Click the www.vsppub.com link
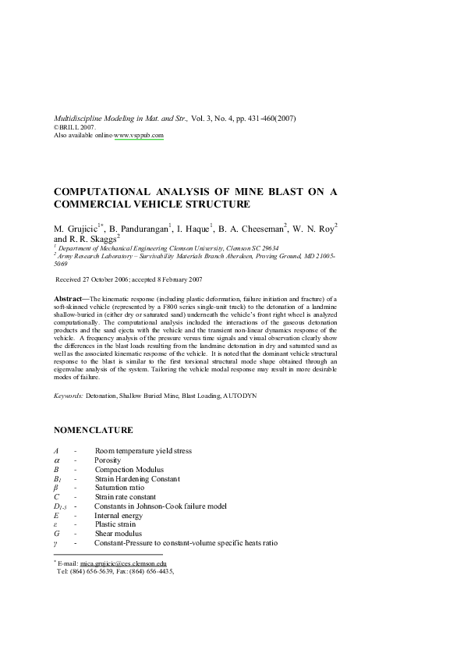click(139, 135)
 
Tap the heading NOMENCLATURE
click(93, 430)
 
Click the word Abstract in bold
click(71, 300)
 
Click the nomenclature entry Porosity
click(108, 460)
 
